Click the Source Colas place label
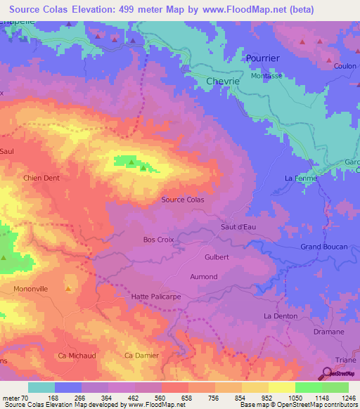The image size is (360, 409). point(183,200)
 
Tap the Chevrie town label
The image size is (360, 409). point(224,82)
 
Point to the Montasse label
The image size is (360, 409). point(266,75)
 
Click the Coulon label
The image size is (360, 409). point(345,66)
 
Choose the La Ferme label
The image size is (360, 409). point(301,178)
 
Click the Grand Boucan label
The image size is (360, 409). point(321,247)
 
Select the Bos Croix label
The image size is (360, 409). point(158,240)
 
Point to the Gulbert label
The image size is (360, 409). point(217,257)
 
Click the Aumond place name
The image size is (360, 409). point(204,277)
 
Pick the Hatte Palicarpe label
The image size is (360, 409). point(155,297)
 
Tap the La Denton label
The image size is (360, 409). point(280,316)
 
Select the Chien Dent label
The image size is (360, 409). point(41,178)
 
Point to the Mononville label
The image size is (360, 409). point(30,289)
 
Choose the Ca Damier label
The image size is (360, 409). point(141,356)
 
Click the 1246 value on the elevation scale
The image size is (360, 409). point(347,398)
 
